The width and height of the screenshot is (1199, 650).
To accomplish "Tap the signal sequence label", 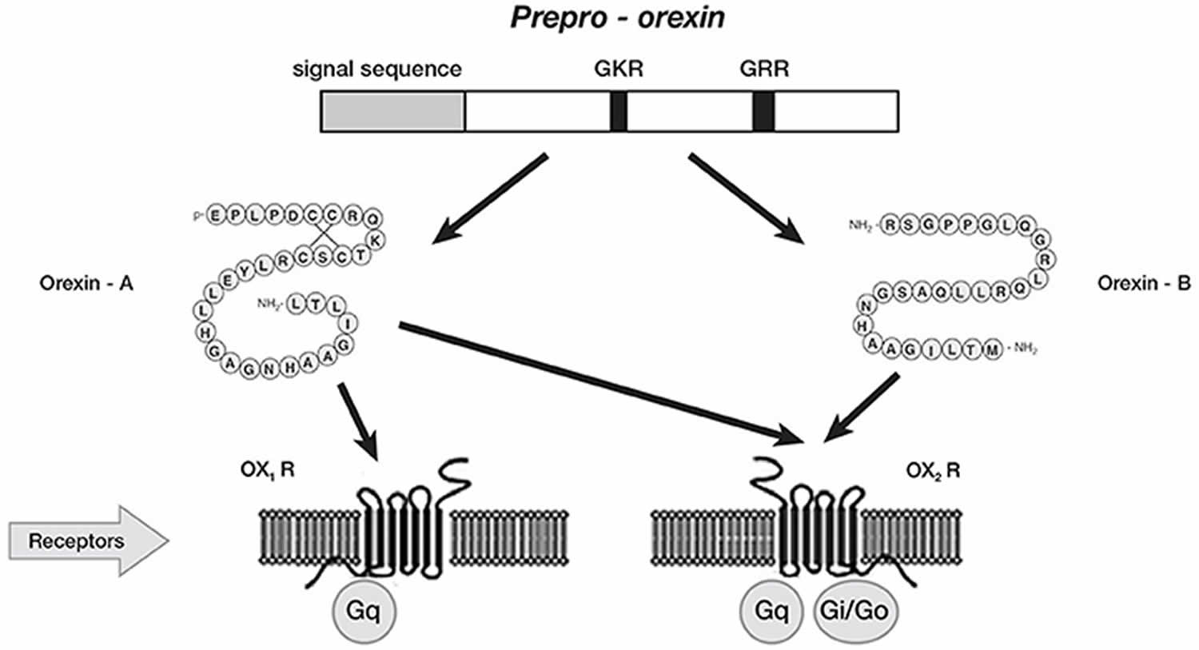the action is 376,69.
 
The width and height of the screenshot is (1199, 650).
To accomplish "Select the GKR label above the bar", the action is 619,69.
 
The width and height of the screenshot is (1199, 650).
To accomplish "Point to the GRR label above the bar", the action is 764,69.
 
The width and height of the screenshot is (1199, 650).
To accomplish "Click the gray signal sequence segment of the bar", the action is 393,111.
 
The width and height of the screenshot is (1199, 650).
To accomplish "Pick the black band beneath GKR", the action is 619,111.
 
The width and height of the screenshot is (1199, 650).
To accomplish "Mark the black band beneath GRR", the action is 763,111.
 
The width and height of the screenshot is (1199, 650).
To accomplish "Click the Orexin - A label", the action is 86,283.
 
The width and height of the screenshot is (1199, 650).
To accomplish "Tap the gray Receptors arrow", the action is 89,540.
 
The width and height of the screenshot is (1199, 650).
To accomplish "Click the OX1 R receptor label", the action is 268,470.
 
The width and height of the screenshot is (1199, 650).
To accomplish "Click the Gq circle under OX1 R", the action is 364,611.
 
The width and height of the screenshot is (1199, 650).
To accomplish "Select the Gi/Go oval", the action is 854,611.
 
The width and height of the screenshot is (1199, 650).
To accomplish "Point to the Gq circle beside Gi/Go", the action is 771,611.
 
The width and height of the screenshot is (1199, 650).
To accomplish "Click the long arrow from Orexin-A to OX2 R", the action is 602,384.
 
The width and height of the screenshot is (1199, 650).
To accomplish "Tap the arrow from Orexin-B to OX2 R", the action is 861,408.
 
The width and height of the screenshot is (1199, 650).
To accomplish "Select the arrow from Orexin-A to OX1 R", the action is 359,422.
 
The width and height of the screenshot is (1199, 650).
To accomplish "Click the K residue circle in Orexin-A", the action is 376,241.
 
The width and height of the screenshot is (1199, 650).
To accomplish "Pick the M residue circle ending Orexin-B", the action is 992,349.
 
